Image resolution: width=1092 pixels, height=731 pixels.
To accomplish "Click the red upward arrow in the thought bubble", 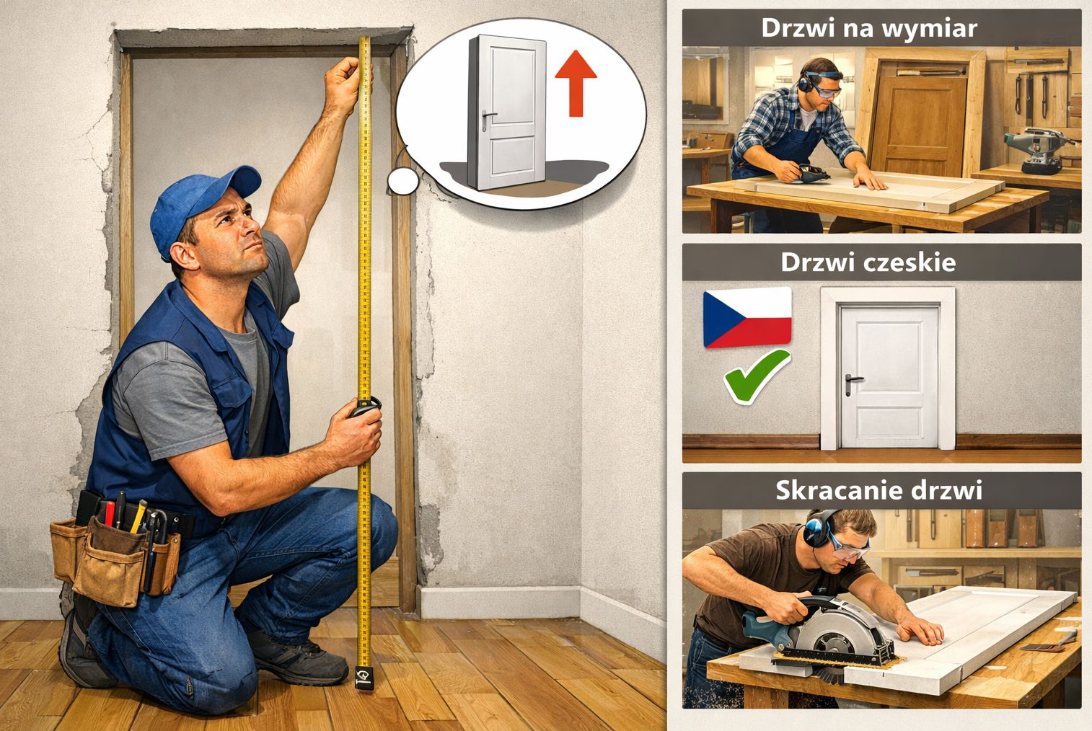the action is pos(576,83).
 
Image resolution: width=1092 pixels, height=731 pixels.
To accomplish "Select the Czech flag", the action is pos(747,317).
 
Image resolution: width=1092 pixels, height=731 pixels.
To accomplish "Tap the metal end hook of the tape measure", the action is pos(364,678).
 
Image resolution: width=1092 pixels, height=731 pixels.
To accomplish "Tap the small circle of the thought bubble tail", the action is pos(403,181).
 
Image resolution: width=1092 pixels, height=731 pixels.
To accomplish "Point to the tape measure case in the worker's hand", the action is pos(365,407).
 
